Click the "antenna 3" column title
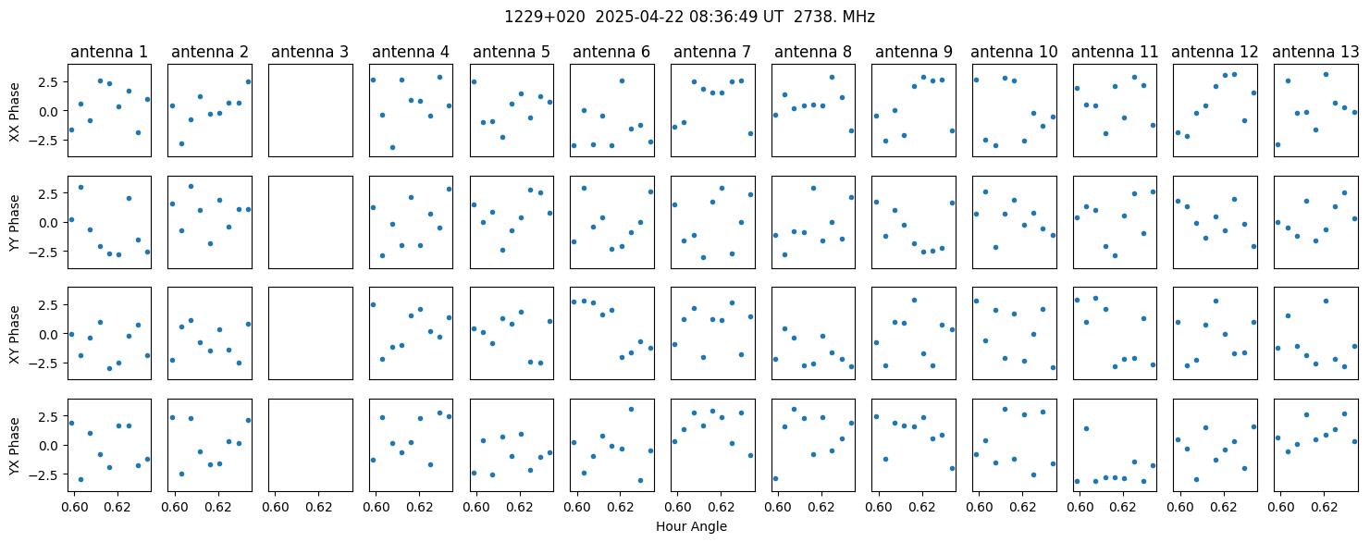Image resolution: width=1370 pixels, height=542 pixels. click(x=310, y=53)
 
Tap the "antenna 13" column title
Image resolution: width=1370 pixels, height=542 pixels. click(x=1315, y=53)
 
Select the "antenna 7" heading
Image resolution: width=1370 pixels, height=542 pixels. click(x=712, y=53)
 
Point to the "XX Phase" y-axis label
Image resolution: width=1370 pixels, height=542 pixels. click(x=14, y=111)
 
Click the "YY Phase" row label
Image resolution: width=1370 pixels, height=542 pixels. click(x=14, y=223)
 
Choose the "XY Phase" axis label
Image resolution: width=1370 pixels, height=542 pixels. click(x=14, y=334)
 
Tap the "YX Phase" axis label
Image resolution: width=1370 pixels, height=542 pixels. click(x=14, y=445)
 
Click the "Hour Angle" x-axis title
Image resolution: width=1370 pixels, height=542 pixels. click(x=691, y=526)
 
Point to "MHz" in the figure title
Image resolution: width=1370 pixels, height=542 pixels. click(x=858, y=18)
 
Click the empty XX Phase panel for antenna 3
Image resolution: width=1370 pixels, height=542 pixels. click(x=311, y=111)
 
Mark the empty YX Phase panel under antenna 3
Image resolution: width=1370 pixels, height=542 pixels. click(x=311, y=445)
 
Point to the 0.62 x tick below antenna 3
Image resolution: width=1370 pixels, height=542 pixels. click(x=318, y=507)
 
